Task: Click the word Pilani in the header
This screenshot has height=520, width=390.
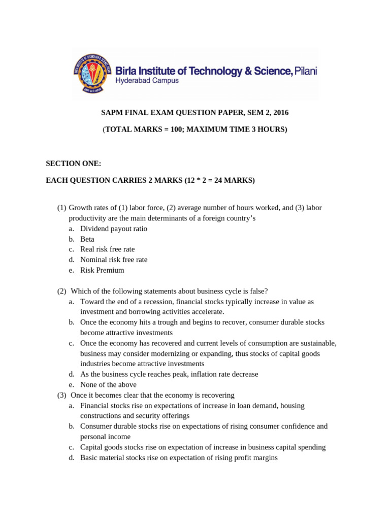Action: (306, 71)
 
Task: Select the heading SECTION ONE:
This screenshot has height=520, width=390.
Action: (74, 164)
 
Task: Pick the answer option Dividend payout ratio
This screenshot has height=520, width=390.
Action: (114, 229)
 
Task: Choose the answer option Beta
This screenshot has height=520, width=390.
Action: (87, 239)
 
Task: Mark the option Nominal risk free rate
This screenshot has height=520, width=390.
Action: (114, 259)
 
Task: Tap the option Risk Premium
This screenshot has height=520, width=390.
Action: (102, 270)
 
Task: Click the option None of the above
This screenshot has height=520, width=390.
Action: (108, 385)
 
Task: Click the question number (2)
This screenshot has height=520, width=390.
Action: (62, 291)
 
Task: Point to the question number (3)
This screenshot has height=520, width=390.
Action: (62, 395)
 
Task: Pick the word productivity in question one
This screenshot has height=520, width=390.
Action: (86, 218)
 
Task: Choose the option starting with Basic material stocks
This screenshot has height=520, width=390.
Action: (179, 458)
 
